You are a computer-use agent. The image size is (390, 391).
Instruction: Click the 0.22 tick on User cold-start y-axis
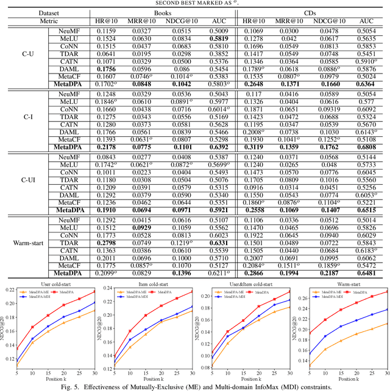(x=9, y=291)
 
